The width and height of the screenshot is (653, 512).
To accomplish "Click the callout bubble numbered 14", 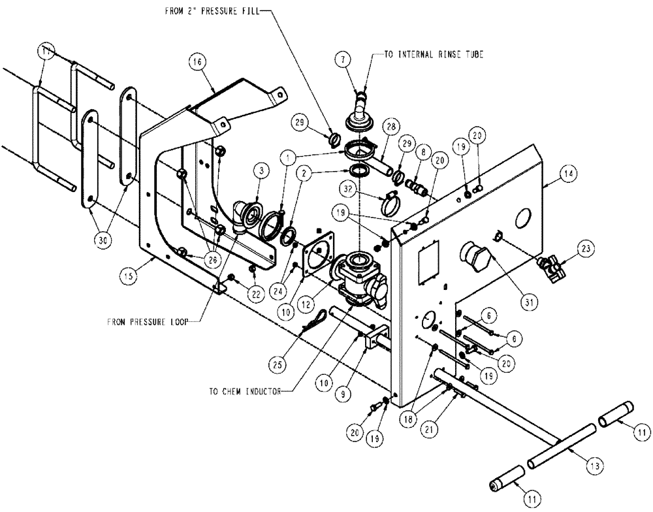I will pos(567,174).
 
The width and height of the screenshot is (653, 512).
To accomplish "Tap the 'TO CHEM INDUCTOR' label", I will pos(243,392).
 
